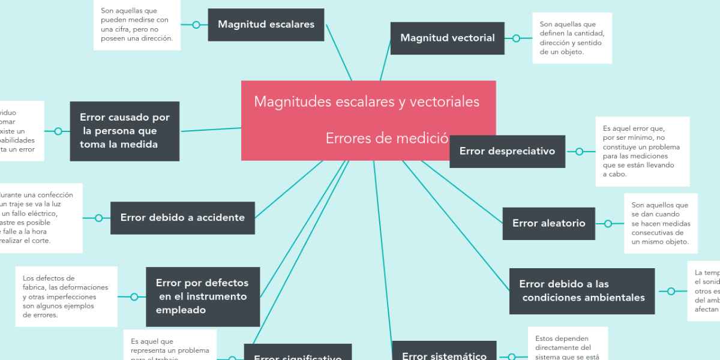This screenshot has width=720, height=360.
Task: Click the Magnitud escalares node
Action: coord(266,25)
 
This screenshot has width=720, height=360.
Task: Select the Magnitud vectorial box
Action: coord(447,38)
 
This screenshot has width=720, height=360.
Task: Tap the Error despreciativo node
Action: coord(507,151)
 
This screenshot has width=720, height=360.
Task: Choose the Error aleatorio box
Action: coord(548,223)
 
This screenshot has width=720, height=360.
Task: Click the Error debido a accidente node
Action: coord(182,218)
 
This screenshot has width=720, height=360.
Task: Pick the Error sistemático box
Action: coord(444,354)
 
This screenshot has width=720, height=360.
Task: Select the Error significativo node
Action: coord(298,355)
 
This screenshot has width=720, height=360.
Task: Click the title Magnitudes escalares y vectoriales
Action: coord(367,101)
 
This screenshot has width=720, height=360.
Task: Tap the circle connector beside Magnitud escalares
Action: coord(196,25)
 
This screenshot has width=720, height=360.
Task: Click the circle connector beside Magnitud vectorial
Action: coord(516,38)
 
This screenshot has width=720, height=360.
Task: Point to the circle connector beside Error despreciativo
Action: coord(579,152)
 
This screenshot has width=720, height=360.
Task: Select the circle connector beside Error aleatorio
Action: coord(608,224)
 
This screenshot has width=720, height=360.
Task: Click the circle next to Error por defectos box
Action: coord(134,296)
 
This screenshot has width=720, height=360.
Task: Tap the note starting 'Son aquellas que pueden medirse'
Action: coord(137,25)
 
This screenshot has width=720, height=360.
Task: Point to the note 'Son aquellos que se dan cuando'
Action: coord(661,223)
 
